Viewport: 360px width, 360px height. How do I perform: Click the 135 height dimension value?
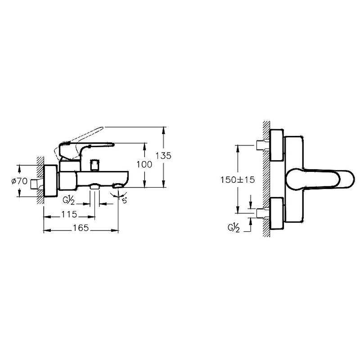(x=163, y=156)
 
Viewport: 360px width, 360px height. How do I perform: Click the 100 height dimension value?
(x=144, y=164)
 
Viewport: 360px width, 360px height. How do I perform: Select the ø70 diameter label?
(x=19, y=181)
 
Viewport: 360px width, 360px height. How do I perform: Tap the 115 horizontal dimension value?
(x=69, y=215)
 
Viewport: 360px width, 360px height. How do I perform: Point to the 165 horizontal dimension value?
(x=81, y=228)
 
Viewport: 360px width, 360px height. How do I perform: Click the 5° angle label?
(x=125, y=201)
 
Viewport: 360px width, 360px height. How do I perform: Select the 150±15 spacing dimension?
(x=238, y=180)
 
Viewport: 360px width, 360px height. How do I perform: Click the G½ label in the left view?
(x=69, y=200)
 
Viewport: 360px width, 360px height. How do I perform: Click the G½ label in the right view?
(x=234, y=228)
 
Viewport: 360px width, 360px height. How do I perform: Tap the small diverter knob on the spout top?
(x=95, y=165)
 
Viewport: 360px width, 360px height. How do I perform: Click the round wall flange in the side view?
(x=50, y=181)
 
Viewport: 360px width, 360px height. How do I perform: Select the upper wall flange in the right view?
(x=277, y=145)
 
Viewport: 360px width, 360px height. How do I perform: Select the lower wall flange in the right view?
(x=277, y=213)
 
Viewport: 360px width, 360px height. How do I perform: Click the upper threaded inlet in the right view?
(x=263, y=145)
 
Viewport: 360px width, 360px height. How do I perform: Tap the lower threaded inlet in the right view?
(x=263, y=213)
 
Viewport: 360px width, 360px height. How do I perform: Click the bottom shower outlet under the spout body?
(x=94, y=186)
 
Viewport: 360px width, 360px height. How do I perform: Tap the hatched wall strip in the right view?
(x=266, y=179)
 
